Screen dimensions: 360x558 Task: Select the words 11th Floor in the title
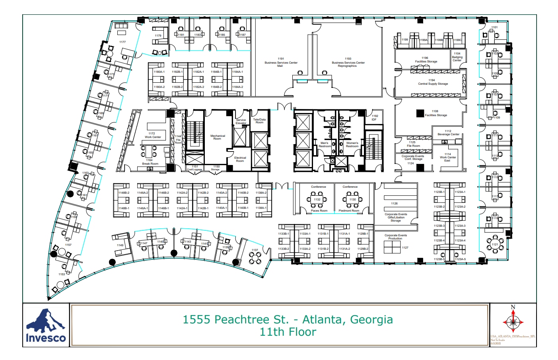coord(288,332)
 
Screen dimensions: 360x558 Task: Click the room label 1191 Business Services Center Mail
coord(281,62)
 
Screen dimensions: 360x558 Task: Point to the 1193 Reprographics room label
coord(348,62)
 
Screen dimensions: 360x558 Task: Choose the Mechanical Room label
coord(218,137)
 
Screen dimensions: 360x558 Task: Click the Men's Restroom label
coord(325,144)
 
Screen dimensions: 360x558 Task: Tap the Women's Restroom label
coord(352,144)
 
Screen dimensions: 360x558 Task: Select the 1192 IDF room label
coord(374,118)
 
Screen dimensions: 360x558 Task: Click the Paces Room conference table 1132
coord(317,199)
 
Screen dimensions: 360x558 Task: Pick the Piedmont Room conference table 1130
coord(352,199)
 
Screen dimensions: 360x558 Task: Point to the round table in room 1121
coord(495,245)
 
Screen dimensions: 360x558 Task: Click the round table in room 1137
coord(255,258)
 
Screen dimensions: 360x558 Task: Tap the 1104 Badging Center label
coord(457,57)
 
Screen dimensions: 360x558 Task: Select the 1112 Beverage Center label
coord(448,132)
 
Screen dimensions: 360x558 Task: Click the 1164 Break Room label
coord(150,162)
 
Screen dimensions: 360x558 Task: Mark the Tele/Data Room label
coord(259,121)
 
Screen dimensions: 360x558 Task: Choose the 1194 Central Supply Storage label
coord(433,82)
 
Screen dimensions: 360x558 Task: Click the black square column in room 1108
coord(420,113)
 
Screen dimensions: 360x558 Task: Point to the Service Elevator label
coord(241,121)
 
